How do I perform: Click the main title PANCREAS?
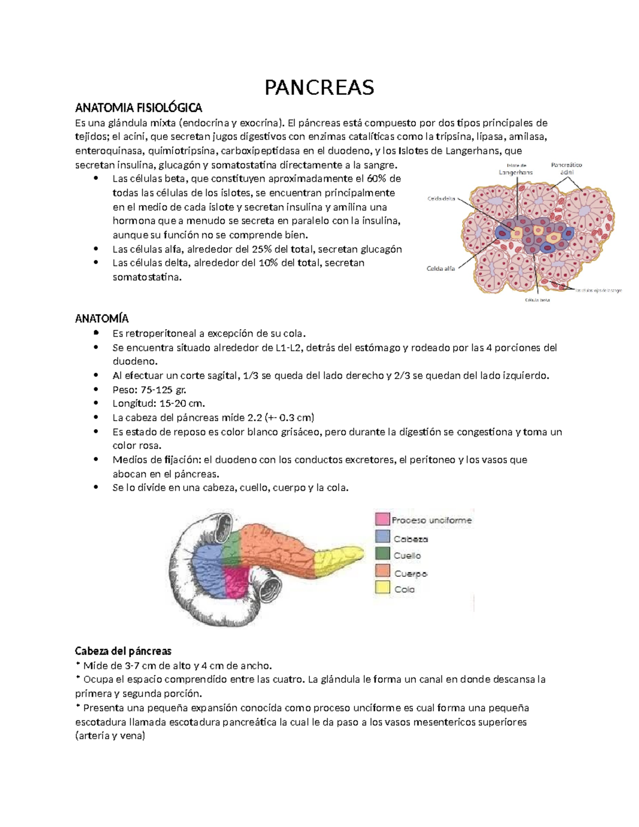319,87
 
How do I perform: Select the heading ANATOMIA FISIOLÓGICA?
138,108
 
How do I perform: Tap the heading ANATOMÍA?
102,318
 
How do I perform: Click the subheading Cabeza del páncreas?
123,651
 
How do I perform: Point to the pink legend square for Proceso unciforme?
382,519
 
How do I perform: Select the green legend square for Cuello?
382,554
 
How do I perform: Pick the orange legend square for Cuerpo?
382,571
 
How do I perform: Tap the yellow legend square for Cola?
382,588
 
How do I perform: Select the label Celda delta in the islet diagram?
441,199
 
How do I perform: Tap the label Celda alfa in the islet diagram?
440,269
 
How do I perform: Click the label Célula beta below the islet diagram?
537,300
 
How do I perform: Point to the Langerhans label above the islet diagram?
515,171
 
